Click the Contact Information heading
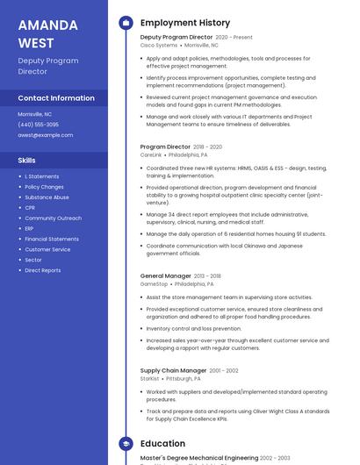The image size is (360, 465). tap(56, 98)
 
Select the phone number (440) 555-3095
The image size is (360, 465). tap(39, 125)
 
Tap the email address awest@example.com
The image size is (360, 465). tap(45, 135)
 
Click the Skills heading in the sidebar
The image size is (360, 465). tap(27, 161)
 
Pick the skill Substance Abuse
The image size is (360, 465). tap(47, 197)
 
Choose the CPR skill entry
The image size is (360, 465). tap(31, 208)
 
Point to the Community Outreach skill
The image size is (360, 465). tap(53, 218)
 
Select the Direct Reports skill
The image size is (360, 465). tap(43, 271)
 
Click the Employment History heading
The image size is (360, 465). tap(185, 23)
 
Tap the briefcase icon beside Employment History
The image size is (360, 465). tap(126, 23)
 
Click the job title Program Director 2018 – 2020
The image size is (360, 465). tap(181, 147)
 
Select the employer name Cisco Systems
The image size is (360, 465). tap(159, 45)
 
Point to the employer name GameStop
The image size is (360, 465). tap(154, 284)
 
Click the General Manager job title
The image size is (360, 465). tap(166, 276)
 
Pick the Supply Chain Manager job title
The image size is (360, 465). tap(173, 371)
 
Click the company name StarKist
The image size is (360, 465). tap(150, 379)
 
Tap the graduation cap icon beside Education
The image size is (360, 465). tap(126, 444)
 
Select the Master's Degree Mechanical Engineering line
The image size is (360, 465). tap(198, 458)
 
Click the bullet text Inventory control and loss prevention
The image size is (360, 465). tap(194, 329)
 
